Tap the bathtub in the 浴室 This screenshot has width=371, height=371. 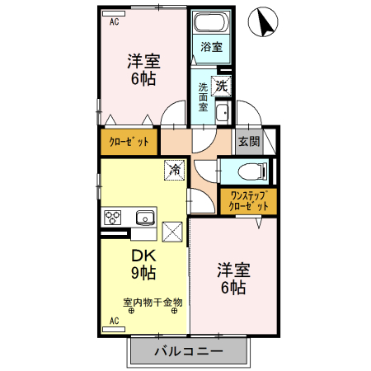(x=212, y=24)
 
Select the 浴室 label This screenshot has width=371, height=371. (x=212, y=47)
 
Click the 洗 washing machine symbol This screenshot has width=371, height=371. (x=222, y=84)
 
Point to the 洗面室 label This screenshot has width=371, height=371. (x=203, y=97)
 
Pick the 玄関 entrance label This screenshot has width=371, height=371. (x=249, y=140)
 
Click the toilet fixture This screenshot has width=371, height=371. (x=249, y=171)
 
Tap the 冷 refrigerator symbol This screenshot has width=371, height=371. (x=175, y=170)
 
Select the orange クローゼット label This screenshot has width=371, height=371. (x=129, y=141)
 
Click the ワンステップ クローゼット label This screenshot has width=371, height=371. (x=248, y=201)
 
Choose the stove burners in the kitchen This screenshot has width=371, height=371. (x=112, y=218)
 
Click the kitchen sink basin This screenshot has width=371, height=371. (x=144, y=218)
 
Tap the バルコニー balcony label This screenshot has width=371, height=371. (x=188, y=351)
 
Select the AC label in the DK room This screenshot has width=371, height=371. (x=114, y=319)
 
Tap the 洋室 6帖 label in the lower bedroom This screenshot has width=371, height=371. (x=233, y=278)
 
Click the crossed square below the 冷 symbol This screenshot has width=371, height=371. (x=174, y=232)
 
